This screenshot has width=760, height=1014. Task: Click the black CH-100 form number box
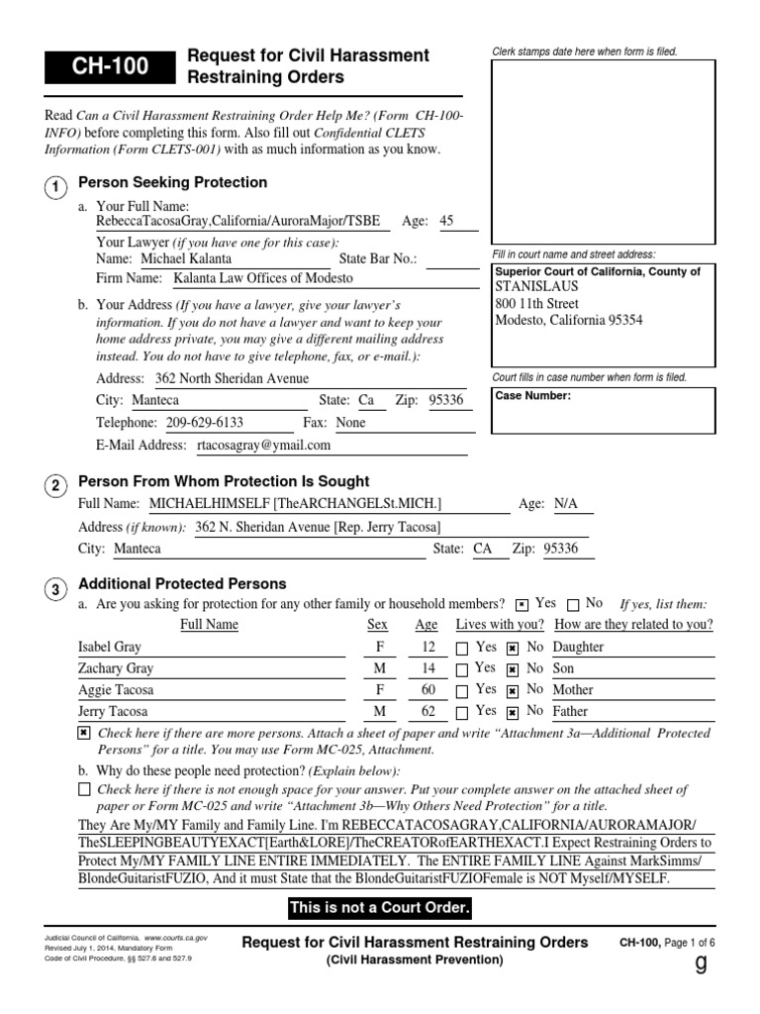coord(109,67)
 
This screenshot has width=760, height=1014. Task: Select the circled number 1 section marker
coord(56,186)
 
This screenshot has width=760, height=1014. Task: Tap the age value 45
coord(446,221)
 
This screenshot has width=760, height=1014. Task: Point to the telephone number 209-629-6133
coord(204,422)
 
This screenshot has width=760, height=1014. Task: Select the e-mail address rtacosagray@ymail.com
coord(263,446)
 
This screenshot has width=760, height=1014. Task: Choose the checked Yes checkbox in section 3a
coord(522,604)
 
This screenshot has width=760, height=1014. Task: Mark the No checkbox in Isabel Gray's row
coord(513,649)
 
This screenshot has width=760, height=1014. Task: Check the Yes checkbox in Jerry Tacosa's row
coord(462,712)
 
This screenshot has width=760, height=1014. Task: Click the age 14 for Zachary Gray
coord(427,668)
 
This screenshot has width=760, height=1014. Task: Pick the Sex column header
coord(377,625)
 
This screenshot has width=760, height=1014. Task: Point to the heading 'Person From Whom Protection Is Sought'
coord(224,481)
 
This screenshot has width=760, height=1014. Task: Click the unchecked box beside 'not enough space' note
coord(83,789)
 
